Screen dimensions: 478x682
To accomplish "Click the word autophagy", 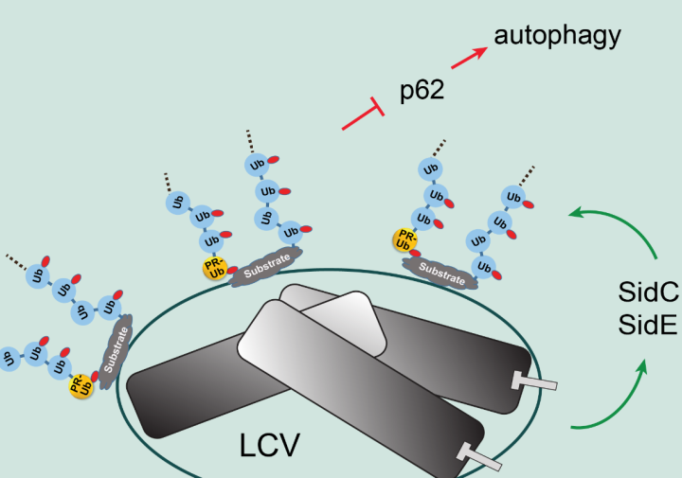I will point(557,36).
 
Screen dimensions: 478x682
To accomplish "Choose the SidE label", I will point(647,325).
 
